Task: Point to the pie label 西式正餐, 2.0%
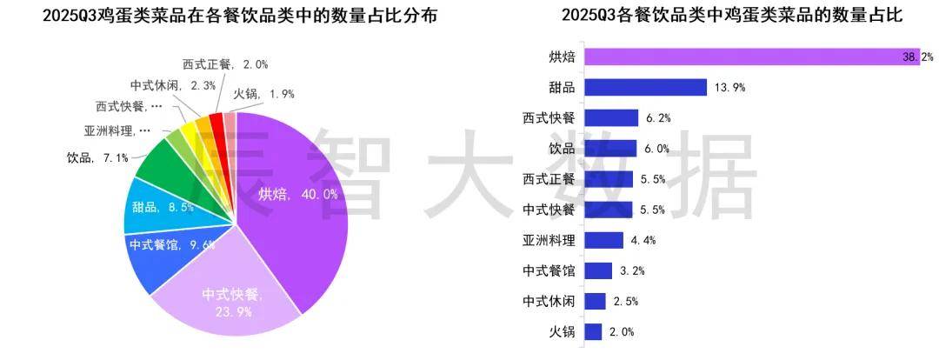(x=225, y=63)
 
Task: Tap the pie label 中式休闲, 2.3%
(x=173, y=85)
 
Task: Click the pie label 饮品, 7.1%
(x=97, y=158)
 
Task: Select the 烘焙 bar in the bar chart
(x=752, y=57)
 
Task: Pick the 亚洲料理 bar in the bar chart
(x=604, y=240)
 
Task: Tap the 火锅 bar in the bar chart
(x=594, y=331)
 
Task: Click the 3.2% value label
(x=632, y=270)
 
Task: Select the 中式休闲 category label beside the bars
(x=549, y=301)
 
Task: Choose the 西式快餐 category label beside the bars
(x=549, y=118)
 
